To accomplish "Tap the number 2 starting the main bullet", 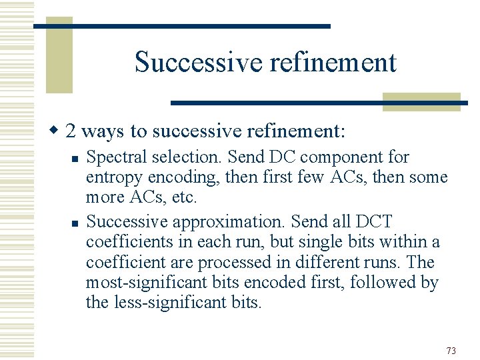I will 71,130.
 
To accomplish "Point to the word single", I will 318,241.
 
